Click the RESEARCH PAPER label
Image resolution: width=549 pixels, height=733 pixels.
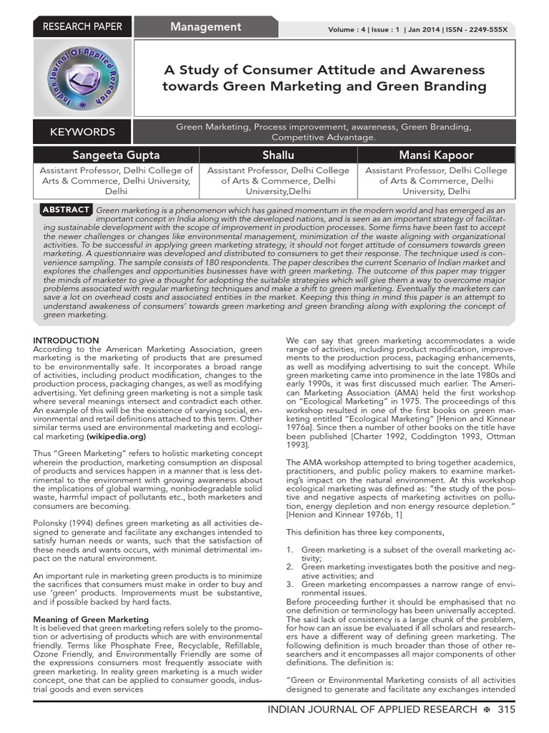83,26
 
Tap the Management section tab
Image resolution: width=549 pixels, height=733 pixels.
205,26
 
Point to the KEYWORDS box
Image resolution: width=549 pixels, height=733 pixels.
83,132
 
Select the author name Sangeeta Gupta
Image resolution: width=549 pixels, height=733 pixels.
116,155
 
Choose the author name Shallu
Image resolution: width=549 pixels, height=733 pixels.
277,155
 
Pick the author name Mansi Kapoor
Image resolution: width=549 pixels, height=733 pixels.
436,155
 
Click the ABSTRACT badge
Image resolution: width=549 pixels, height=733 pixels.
66,210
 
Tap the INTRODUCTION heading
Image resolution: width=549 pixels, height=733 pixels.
66,340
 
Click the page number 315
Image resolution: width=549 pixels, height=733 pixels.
506,709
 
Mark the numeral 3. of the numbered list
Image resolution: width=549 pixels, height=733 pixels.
290,584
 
